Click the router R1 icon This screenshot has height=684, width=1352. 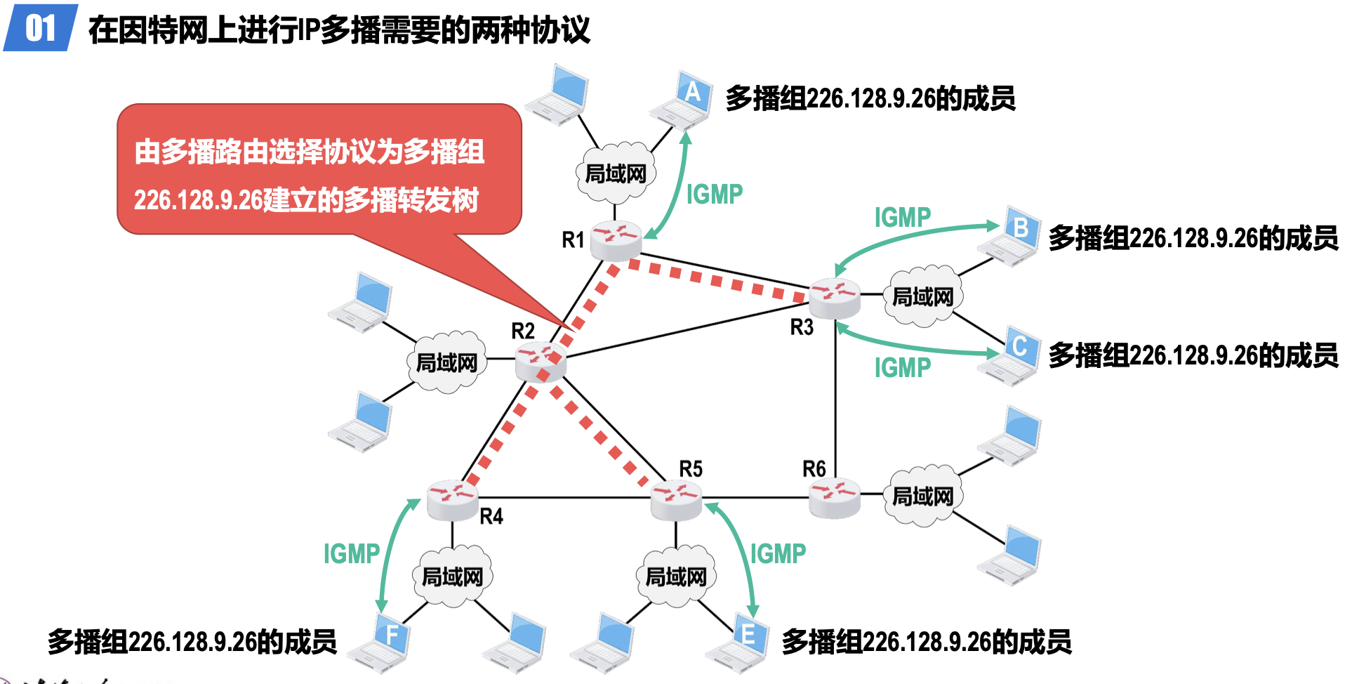pos(616,240)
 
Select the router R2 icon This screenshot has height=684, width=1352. pos(540,362)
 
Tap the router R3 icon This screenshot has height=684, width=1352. pos(834,298)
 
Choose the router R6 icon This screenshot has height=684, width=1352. pos(834,497)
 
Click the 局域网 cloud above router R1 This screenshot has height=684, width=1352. pos(616,173)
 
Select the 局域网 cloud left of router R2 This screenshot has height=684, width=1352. pos(446,362)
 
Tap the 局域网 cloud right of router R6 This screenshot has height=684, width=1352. pos(922,496)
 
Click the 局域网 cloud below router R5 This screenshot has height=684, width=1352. pos(676,577)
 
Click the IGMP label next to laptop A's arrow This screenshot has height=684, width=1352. pos(714,195)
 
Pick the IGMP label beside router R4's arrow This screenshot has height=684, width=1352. pos(351,554)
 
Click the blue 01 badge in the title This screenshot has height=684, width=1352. pos(40,28)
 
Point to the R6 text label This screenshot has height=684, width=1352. pos(814,468)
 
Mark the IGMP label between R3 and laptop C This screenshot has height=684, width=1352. pos(902,368)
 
